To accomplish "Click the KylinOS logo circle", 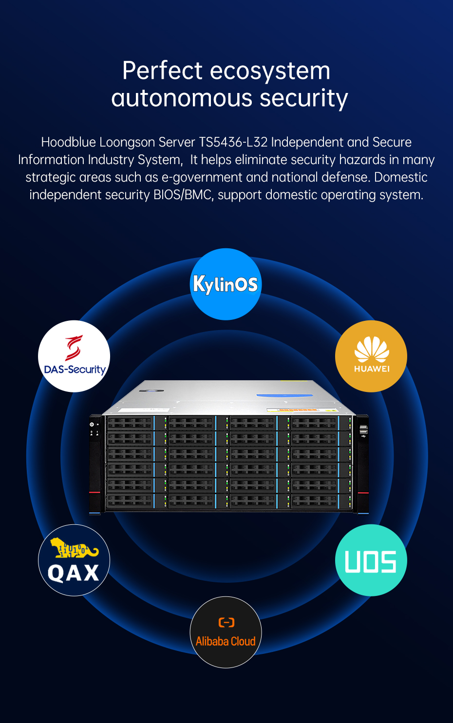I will [x=226, y=284].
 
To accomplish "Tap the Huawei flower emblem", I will [x=371, y=350].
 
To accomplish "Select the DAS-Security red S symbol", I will [x=74, y=348].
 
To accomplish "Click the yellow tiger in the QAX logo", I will [x=74, y=549].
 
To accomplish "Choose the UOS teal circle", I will [x=371, y=560].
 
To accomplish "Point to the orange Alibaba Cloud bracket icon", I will [x=226, y=622].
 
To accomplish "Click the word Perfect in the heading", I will [x=162, y=71].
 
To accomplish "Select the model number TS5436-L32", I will [x=233, y=142].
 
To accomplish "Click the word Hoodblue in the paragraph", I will [x=68, y=142].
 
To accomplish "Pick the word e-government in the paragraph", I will [x=202, y=177].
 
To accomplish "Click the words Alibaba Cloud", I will [x=226, y=641].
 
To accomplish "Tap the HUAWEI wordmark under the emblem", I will [x=372, y=369].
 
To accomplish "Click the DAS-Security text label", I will [x=75, y=370].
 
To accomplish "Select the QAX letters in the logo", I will [x=74, y=573].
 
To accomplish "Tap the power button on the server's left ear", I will [x=92, y=425].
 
